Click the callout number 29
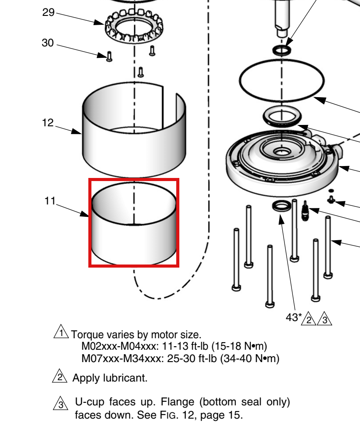49,12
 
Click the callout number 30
48,43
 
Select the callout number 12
48,123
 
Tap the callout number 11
50,201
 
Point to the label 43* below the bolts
294,317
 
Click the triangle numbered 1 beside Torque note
61,332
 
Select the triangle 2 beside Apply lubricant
60,376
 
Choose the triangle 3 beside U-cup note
61,403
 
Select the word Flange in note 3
177,402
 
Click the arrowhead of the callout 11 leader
85,214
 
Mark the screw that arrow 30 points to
109,57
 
